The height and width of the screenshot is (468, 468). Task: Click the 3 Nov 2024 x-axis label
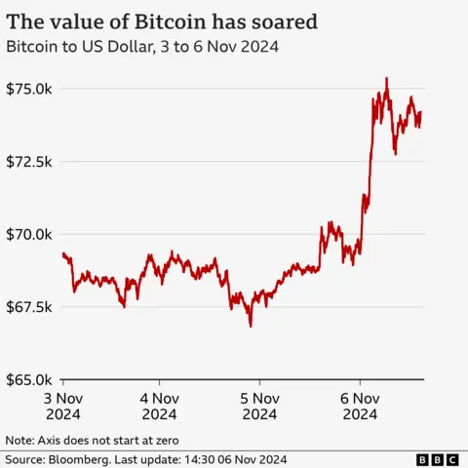[x=63, y=406]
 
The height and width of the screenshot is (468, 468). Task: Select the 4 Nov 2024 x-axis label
[x=161, y=406]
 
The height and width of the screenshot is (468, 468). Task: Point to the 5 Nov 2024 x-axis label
[x=259, y=406]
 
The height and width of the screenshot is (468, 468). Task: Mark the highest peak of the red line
[x=387, y=79]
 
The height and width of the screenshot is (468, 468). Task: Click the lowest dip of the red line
[x=251, y=326]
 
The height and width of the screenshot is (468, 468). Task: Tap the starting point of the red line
[x=63, y=253]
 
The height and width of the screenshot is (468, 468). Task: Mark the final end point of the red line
[x=420, y=112]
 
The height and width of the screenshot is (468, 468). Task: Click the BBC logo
[x=438, y=458]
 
